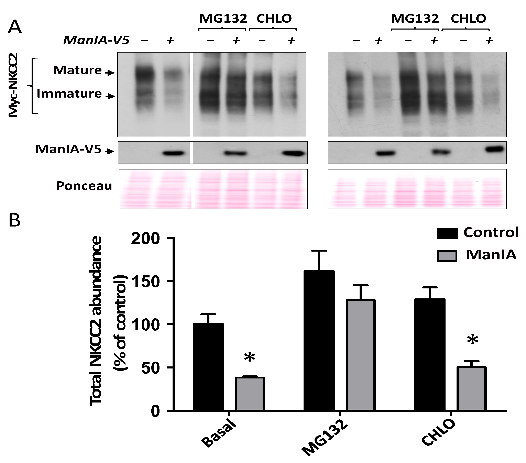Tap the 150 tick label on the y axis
click(x=145, y=282)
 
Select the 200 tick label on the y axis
click(x=145, y=239)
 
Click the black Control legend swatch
click(x=447, y=233)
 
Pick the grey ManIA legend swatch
click(x=447, y=256)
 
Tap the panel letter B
click(x=15, y=221)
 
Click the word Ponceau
click(x=84, y=186)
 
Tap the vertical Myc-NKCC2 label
click(x=13, y=85)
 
